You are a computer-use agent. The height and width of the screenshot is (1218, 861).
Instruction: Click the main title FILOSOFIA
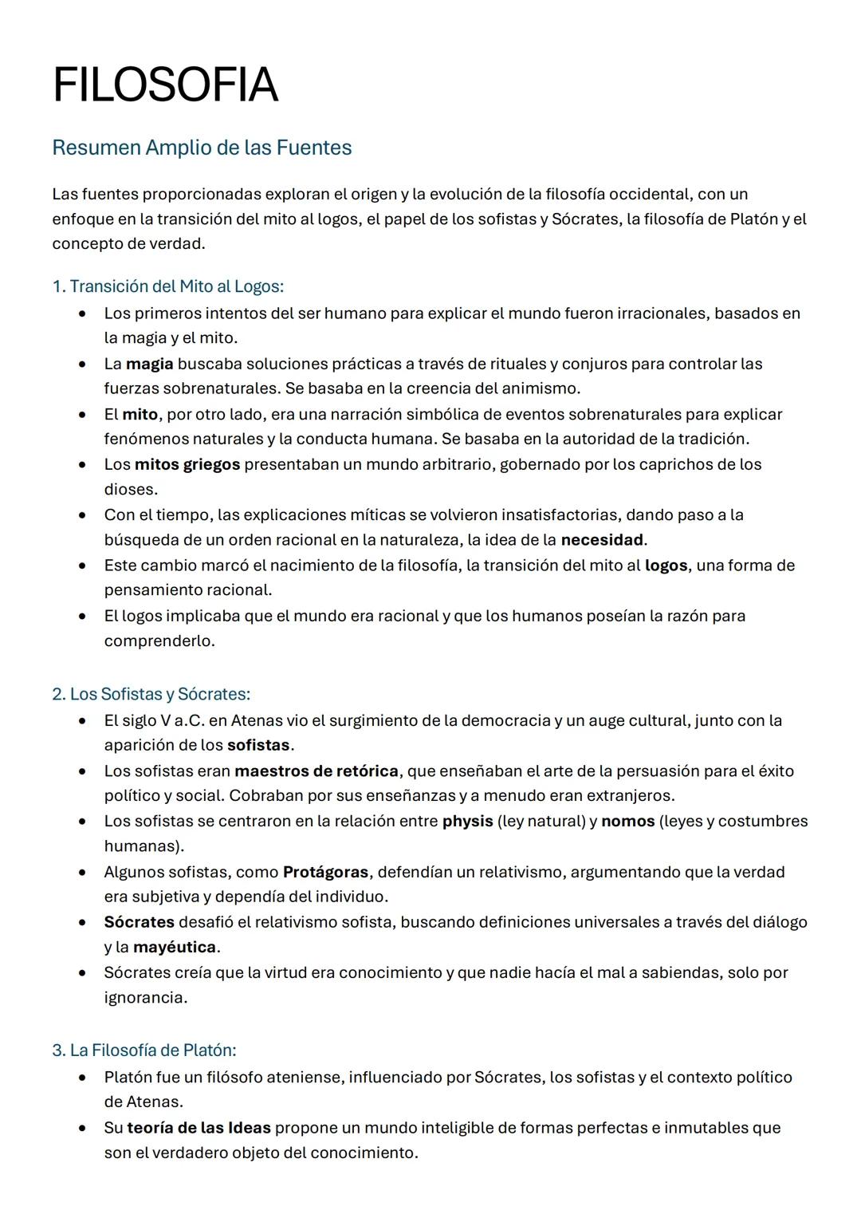[x=165, y=85]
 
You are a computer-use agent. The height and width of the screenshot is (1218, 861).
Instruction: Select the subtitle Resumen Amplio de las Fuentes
[x=202, y=148]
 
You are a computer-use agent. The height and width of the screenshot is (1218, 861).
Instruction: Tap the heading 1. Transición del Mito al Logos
[x=167, y=286]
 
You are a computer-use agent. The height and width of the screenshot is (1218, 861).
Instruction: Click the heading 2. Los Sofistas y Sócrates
[x=151, y=694]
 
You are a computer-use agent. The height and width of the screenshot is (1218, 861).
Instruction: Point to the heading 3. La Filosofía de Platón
[x=144, y=1050]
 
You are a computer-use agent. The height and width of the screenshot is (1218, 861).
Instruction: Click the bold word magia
[x=149, y=365]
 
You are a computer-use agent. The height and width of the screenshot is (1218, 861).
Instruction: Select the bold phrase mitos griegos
[x=187, y=465]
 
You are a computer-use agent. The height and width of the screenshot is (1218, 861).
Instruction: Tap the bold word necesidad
[x=602, y=540]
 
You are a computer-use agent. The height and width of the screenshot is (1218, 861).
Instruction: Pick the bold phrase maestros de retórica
[x=316, y=771]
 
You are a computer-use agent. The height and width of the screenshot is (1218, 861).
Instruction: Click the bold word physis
[x=467, y=822]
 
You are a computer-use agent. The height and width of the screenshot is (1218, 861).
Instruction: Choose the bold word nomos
[x=627, y=822]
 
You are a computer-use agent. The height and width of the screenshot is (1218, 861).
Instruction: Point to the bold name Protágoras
[x=325, y=873]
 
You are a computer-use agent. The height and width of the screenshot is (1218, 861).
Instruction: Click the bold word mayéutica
[x=174, y=948]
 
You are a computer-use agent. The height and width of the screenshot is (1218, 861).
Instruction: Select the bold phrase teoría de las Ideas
[x=199, y=1129]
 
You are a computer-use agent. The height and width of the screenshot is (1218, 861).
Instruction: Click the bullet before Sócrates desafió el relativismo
[x=82, y=923]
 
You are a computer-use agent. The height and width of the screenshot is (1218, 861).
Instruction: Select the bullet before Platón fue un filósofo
[x=82, y=1078]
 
